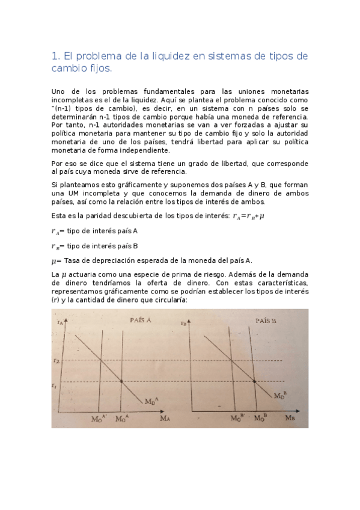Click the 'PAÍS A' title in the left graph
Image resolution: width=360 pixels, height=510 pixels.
tap(140, 321)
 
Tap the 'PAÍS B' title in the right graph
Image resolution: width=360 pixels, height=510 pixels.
tap(266, 321)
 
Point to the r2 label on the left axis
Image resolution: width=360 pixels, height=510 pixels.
tap(56, 361)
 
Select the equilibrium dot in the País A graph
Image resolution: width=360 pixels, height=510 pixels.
tap(122, 381)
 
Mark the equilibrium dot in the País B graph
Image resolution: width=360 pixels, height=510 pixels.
tap(254, 381)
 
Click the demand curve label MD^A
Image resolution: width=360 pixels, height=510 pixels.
tap(151, 401)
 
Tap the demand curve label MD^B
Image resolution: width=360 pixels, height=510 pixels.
tap(280, 396)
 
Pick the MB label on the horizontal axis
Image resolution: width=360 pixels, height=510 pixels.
tap(290, 417)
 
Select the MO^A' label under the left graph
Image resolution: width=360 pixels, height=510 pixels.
tap(99, 417)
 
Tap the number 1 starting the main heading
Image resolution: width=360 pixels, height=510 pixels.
tap(55, 57)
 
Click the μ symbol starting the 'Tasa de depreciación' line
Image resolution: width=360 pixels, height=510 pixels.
tap(55, 260)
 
